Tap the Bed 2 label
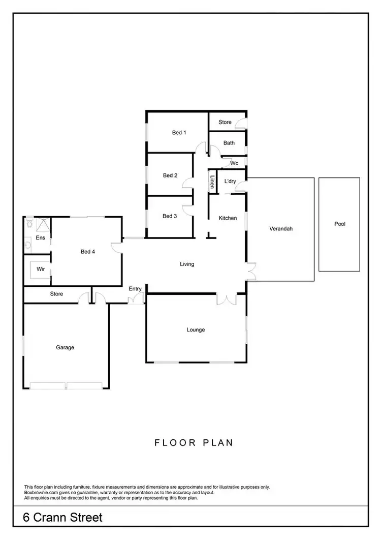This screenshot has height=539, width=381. pyautogui.click(x=170, y=175)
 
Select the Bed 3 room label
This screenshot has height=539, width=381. pyautogui.click(x=170, y=216)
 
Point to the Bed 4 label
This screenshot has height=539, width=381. pyautogui.click(x=88, y=251)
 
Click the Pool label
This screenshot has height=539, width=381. pyautogui.click(x=339, y=224)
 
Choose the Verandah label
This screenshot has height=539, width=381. pyautogui.click(x=281, y=229)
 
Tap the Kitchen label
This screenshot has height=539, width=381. pyautogui.click(x=228, y=218)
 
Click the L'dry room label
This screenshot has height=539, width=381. pyautogui.click(x=230, y=182)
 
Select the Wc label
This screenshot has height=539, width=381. pyautogui.click(x=234, y=163)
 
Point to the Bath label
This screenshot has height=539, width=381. pyautogui.click(x=229, y=143)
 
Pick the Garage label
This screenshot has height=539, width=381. pyautogui.click(x=65, y=347)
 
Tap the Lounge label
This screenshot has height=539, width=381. pyautogui.click(x=196, y=330)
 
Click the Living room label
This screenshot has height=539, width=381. pyautogui.click(x=187, y=264)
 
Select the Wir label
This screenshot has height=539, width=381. pyautogui.click(x=41, y=269)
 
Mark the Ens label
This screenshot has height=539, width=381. pyautogui.click(x=40, y=238)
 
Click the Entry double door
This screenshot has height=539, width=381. pyautogui.click(x=135, y=300)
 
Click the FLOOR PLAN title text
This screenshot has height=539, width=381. pyautogui.click(x=194, y=442)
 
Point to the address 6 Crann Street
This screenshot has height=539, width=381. pyautogui.click(x=63, y=518)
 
